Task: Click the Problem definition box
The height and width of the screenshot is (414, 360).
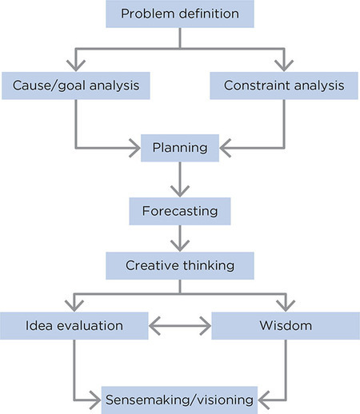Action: pyautogui.click(x=179, y=14)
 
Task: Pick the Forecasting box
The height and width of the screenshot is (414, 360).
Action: pyautogui.click(x=180, y=213)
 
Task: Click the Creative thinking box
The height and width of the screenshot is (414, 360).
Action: pyautogui.click(x=180, y=265)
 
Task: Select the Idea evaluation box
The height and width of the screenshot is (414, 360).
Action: pyautogui.click(x=74, y=326)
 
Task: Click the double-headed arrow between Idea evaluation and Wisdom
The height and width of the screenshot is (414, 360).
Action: pyautogui.click(x=180, y=326)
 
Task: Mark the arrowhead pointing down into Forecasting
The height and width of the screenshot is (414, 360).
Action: pyautogui.click(x=180, y=191)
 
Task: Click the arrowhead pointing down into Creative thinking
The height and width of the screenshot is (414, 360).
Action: pyautogui.click(x=180, y=245)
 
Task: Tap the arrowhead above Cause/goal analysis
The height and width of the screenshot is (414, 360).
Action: pyautogui.click(x=76, y=64)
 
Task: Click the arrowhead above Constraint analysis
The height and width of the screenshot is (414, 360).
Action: pyautogui.click(x=282, y=64)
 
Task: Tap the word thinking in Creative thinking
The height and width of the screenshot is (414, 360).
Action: pyautogui.click(x=206, y=265)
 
